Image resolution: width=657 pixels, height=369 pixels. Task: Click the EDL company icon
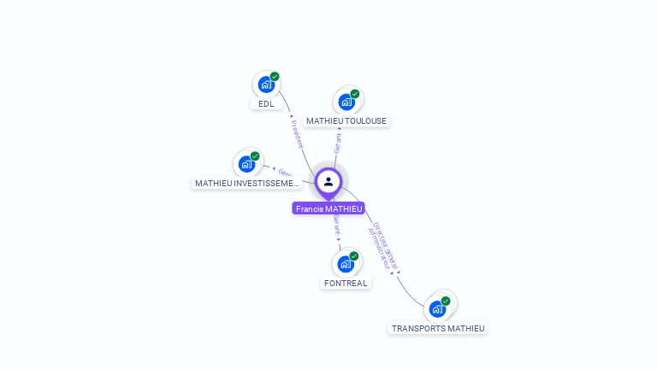tap(266, 85)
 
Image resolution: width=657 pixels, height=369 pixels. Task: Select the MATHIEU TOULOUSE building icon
tap(346, 102)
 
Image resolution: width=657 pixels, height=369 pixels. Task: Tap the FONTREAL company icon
tap(345, 264)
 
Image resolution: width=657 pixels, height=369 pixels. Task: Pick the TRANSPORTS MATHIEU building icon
tap(437, 308)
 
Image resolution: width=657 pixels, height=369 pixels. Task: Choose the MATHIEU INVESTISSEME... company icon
tap(246, 164)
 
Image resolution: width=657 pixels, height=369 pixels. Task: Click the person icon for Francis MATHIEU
tap(328, 181)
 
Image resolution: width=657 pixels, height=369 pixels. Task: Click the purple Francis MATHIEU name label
tap(328, 208)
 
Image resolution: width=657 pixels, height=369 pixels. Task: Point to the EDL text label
tap(266, 104)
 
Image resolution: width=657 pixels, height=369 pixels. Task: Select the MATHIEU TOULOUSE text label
tap(346, 121)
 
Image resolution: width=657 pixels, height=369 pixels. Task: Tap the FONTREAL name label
tap(346, 284)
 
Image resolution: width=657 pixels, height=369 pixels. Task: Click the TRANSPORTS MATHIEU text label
tap(438, 328)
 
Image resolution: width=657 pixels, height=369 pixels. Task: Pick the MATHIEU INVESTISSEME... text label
tap(247, 184)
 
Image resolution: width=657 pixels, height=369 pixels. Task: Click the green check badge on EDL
tap(275, 77)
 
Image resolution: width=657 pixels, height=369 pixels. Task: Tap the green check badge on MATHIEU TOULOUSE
tap(355, 94)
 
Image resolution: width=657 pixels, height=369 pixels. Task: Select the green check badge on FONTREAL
tap(353, 256)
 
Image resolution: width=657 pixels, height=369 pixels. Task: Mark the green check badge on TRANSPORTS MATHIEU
tap(446, 301)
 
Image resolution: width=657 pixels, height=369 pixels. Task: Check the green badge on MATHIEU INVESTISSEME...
tap(255, 156)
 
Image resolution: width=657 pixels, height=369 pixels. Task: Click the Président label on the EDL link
tap(298, 134)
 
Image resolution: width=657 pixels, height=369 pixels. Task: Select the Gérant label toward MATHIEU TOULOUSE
tap(338, 143)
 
